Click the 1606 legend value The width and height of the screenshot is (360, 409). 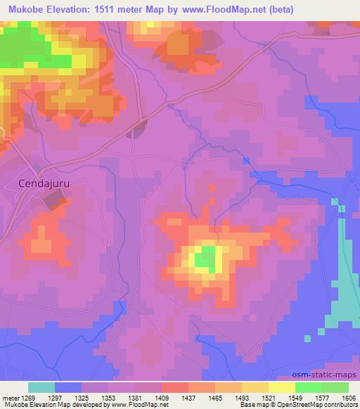coord(349,398)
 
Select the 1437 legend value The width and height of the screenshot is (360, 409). coord(189,398)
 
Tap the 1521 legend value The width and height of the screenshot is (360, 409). coord(269,398)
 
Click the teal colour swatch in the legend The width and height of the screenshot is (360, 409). coord(41,387)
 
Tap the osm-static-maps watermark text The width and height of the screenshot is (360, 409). coord(331,377)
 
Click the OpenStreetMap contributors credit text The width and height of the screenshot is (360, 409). coord(321,405)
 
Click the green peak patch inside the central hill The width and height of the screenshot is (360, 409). coord(205,260)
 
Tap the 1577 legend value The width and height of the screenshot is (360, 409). coord(309,398)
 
